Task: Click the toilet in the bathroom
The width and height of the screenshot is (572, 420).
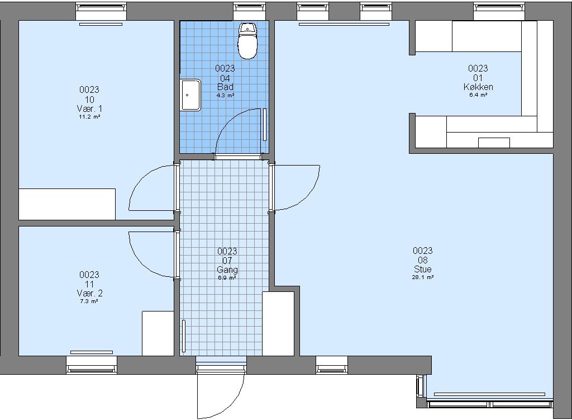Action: pos(247,41)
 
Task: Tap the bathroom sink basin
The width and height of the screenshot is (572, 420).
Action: pos(190,95)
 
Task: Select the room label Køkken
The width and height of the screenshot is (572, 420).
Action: pos(478,87)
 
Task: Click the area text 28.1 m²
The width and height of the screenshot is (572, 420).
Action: pos(423,277)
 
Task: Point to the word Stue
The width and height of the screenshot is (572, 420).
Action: pos(423,269)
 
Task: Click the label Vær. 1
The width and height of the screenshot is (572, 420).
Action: pos(89,108)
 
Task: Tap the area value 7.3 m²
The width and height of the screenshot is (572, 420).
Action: pos(89,301)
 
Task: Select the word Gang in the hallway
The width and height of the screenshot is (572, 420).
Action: pos(227,270)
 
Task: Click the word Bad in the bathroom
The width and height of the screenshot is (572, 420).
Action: pos(225,87)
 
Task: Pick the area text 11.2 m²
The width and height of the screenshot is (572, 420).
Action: pos(89,117)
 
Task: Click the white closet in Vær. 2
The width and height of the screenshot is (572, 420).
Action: pos(158,333)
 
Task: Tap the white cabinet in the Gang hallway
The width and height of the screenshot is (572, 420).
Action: pos(278,324)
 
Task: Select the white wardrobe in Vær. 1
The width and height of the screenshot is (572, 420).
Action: pos(67,204)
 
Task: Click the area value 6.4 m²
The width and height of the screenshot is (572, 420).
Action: pos(478,95)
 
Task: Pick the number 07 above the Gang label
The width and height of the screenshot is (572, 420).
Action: pos(227,261)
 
